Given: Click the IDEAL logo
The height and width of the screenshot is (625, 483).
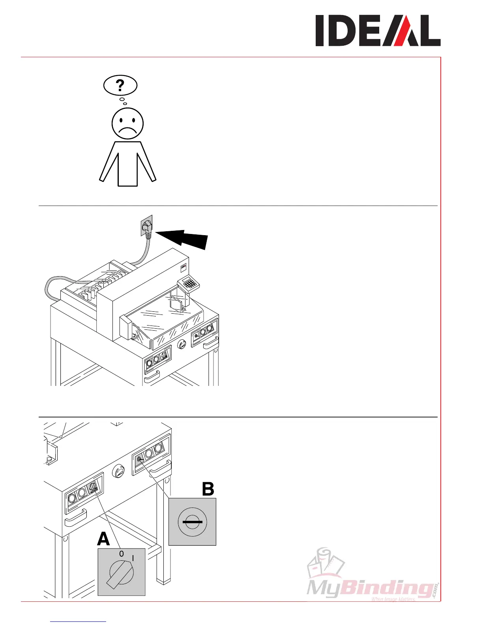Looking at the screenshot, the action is [378, 31].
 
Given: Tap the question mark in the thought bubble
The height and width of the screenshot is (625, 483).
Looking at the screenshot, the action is [120, 85].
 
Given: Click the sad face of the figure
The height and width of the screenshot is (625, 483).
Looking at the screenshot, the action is [127, 124].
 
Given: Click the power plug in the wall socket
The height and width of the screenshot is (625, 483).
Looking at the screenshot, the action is [147, 228].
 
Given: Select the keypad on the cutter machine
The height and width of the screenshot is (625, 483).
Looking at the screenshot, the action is [189, 283].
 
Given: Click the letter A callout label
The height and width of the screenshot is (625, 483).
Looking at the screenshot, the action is [103, 539].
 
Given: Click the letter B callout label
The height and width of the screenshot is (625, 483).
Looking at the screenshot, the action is [208, 489].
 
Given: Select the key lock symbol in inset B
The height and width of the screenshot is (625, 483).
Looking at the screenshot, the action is [192, 522].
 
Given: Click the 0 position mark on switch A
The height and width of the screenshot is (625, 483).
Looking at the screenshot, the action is [122, 554].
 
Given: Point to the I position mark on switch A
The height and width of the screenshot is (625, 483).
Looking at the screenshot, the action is [133, 558].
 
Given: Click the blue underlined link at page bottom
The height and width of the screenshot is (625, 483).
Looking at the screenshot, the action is [79, 621].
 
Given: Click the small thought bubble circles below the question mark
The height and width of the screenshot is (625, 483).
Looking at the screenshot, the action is [123, 101].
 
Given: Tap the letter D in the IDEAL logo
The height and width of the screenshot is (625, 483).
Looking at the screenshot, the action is [345, 31].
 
